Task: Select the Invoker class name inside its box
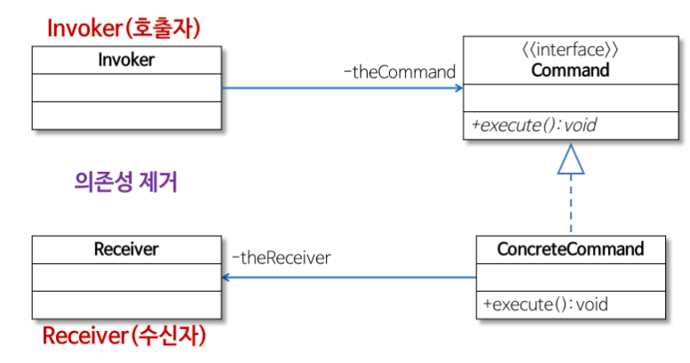[x=126, y=60]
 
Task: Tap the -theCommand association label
[x=399, y=71]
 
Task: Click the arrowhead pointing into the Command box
[x=458, y=88]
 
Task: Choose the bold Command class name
[x=570, y=69]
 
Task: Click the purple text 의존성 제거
[x=126, y=182]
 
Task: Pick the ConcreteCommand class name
[x=570, y=248]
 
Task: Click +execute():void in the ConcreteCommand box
[x=545, y=304]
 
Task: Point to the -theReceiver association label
[x=281, y=258]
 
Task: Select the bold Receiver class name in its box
[x=126, y=249]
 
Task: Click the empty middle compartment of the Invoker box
[x=126, y=87]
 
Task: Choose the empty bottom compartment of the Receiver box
[x=126, y=304]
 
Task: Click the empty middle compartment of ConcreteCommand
[x=570, y=276]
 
